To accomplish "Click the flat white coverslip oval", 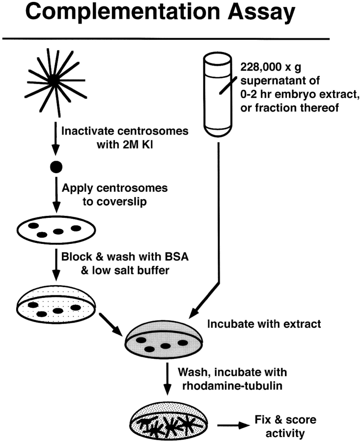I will pos(56,231).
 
